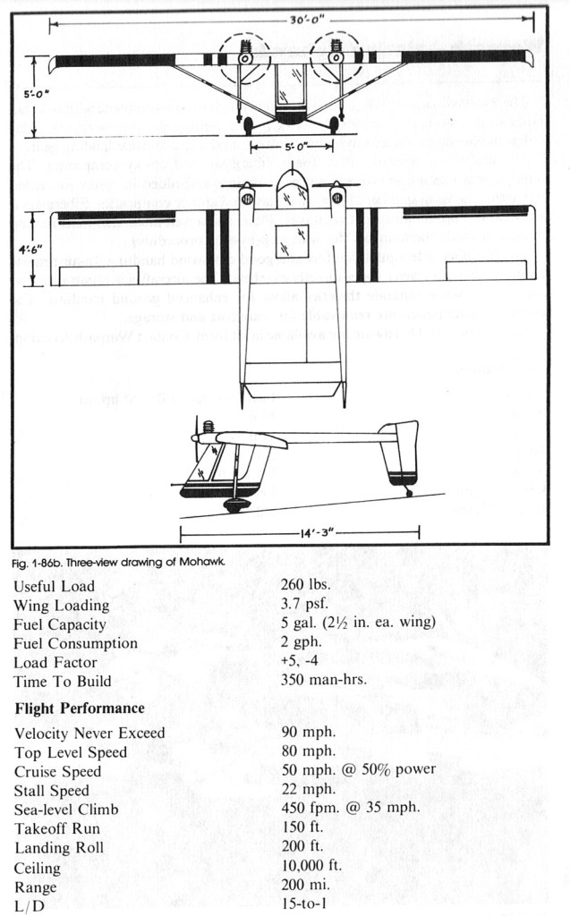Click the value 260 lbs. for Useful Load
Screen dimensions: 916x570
(x=306, y=586)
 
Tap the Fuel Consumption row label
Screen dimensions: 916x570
(x=76, y=643)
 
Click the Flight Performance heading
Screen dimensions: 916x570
(x=80, y=708)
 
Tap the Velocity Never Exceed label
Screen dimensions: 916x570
(x=89, y=734)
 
